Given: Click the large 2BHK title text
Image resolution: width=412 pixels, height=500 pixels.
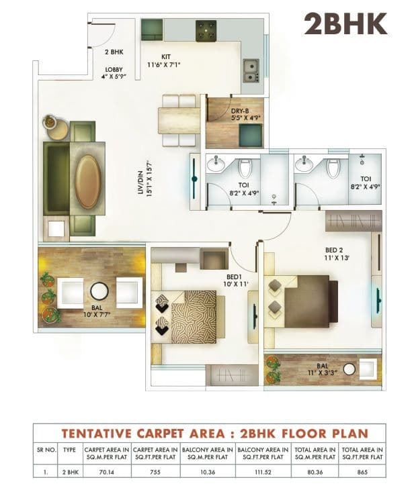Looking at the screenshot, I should tap(345, 23).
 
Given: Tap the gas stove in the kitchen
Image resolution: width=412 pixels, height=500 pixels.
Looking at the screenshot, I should tap(205, 30).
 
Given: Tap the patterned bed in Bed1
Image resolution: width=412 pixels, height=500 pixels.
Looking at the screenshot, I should tap(191, 317).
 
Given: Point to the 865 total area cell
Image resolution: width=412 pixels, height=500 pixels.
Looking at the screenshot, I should tap(362, 472).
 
